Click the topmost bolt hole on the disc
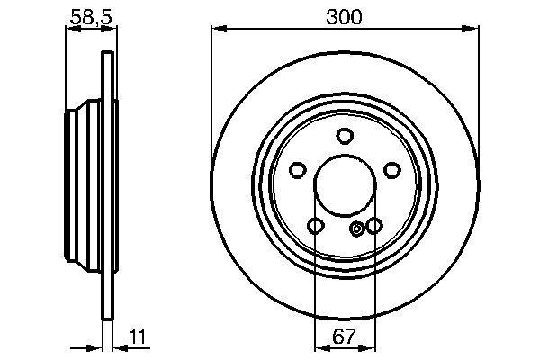tap(344, 136)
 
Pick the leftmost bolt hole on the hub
tap(297, 170)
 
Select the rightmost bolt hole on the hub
tap(391, 170)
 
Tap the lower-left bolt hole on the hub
tap(315, 226)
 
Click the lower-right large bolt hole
tap(373, 226)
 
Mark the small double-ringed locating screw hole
tap(358, 229)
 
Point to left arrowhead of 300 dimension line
tap(217, 31)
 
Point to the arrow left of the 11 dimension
tap(99, 348)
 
